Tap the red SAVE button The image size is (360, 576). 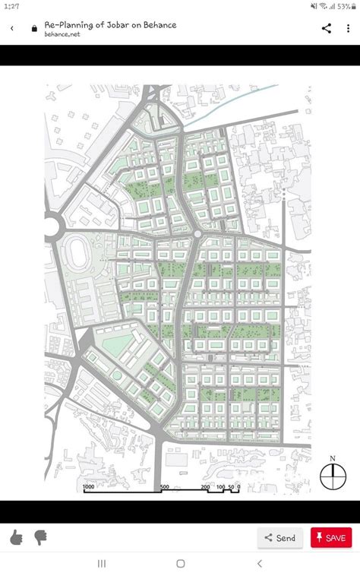(x=331, y=538)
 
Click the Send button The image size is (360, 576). (x=279, y=538)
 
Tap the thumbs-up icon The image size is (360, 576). (x=17, y=538)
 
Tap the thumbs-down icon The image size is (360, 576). (x=39, y=538)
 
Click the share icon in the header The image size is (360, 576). (x=327, y=28)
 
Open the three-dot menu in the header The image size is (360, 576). (x=348, y=28)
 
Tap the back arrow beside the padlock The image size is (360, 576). (x=12, y=28)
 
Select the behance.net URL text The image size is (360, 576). (x=62, y=34)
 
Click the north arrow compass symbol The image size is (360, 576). (x=332, y=476)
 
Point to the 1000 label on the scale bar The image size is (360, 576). (x=88, y=486)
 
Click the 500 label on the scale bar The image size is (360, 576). (x=164, y=486)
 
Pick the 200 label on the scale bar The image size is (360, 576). (x=205, y=486)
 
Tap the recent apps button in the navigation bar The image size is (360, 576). (x=101, y=563)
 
